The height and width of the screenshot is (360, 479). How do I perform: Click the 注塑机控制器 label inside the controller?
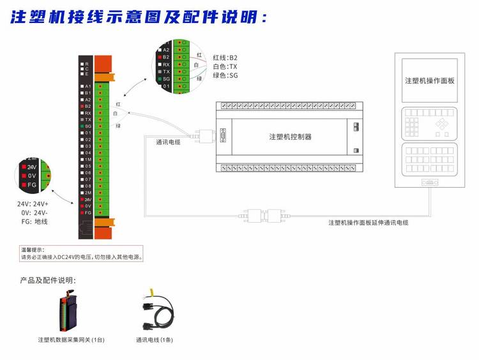290,137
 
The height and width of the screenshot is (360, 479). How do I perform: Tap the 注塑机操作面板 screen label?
430,81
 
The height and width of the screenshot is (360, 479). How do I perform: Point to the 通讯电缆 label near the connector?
167,142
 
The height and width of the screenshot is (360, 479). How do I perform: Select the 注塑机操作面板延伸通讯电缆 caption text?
369,223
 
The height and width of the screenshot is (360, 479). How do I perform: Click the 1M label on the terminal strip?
88,160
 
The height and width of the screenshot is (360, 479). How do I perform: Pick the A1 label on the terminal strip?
88,86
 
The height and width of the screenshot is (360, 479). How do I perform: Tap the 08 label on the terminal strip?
88,186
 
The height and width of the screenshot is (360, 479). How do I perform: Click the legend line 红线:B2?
225,57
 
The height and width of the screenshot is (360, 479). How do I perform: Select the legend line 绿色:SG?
225,75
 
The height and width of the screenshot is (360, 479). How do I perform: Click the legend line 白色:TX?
225,66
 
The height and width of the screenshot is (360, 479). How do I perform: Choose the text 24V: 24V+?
33,204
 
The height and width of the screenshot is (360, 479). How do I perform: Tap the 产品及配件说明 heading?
48,280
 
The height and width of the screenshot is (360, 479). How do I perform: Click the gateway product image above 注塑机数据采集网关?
69,312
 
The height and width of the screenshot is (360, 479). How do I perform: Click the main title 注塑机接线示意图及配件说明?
138,17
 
